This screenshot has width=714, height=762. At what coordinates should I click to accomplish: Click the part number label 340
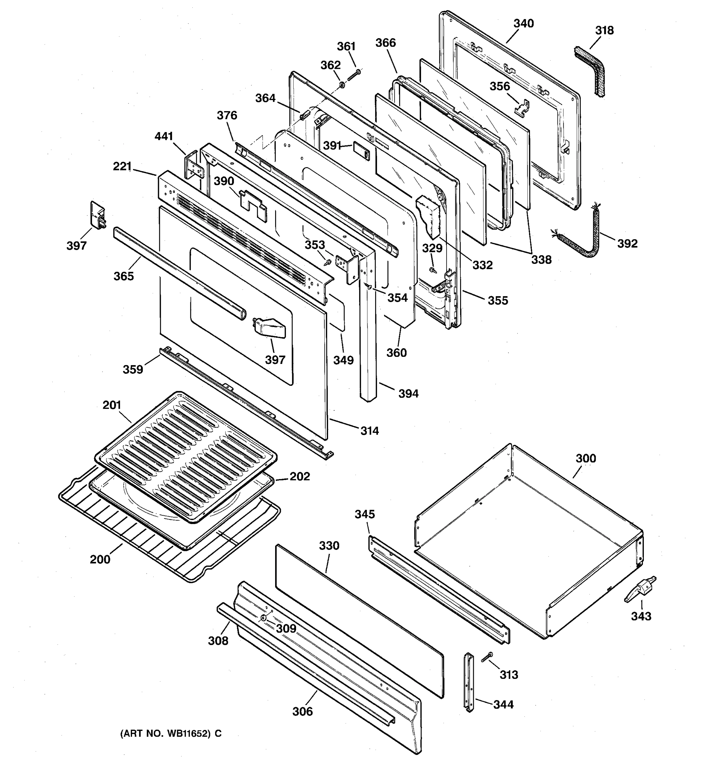(523, 24)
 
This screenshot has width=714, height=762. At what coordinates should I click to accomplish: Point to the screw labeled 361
(354, 74)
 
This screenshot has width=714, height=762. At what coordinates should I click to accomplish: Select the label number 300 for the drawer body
(586, 458)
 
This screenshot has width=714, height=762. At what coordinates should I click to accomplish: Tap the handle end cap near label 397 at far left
(98, 215)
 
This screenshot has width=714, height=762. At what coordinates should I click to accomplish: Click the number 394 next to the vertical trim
(408, 394)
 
